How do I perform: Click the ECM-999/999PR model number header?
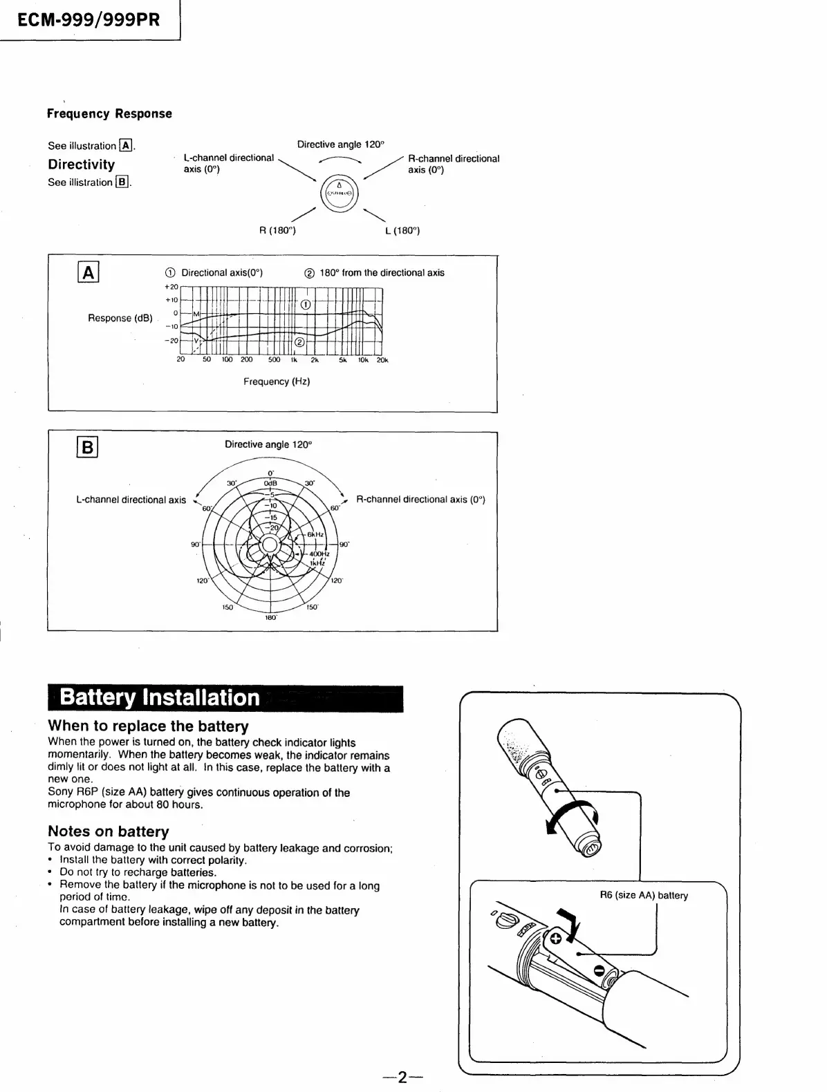pyautogui.click(x=89, y=20)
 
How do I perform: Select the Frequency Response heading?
pyautogui.click(x=109, y=113)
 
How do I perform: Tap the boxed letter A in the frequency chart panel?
pyautogui.click(x=89, y=273)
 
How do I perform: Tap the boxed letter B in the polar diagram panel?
pyautogui.click(x=88, y=447)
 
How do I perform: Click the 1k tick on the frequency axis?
pyautogui.click(x=293, y=359)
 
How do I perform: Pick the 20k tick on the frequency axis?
pyautogui.click(x=382, y=359)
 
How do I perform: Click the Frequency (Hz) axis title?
pyautogui.click(x=277, y=382)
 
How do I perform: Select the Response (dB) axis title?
pyautogui.click(x=120, y=318)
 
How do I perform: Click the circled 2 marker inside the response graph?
pyautogui.click(x=299, y=341)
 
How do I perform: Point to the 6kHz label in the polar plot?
pyautogui.click(x=315, y=534)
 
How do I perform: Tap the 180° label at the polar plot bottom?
pyautogui.click(x=270, y=617)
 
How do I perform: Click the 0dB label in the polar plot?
pyautogui.click(x=270, y=482)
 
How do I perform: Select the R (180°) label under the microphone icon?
pyautogui.click(x=277, y=230)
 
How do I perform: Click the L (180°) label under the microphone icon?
pyautogui.click(x=402, y=230)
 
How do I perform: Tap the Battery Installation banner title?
pyautogui.click(x=160, y=697)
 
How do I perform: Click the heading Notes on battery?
pyautogui.click(x=109, y=831)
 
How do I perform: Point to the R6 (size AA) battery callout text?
pyautogui.click(x=644, y=895)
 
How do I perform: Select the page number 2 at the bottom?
pyautogui.click(x=402, y=1077)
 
